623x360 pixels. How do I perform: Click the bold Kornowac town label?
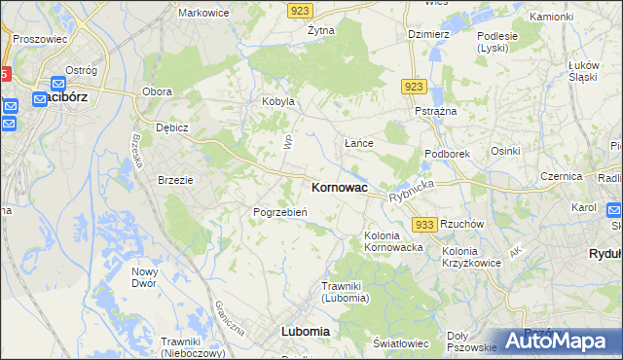pyautogui.click(x=339, y=187)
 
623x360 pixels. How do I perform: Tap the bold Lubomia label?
pyautogui.click(x=305, y=331)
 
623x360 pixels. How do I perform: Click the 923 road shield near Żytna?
pyautogui.click(x=301, y=9)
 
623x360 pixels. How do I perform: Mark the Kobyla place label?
pyautogui.click(x=276, y=101)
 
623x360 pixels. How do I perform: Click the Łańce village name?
pyautogui.click(x=359, y=143)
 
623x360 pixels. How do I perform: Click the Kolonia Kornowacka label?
pyautogui.click(x=393, y=241)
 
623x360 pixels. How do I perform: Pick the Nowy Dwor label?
pyautogui.click(x=145, y=277)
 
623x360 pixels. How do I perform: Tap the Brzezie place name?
pyautogui.click(x=176, y=179)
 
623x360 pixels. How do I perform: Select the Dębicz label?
pyautogui.click(x=171, y=127)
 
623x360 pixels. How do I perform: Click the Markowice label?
pyautogui.click(x=202, y=14)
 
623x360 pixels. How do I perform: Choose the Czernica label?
pyautogui.click(x=561, y=177)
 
